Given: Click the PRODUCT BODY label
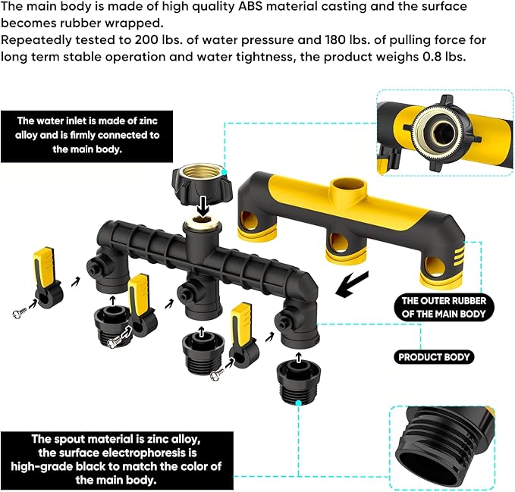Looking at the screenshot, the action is click(x=434, y=357).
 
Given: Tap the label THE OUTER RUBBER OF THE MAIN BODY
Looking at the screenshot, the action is click(x=444, y=308).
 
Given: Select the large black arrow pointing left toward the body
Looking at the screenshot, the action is click(x=352, y=284).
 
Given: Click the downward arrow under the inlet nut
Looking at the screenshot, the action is click(x=203, y=207).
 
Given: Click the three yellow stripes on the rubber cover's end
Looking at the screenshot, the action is click(x=459, y=256).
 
